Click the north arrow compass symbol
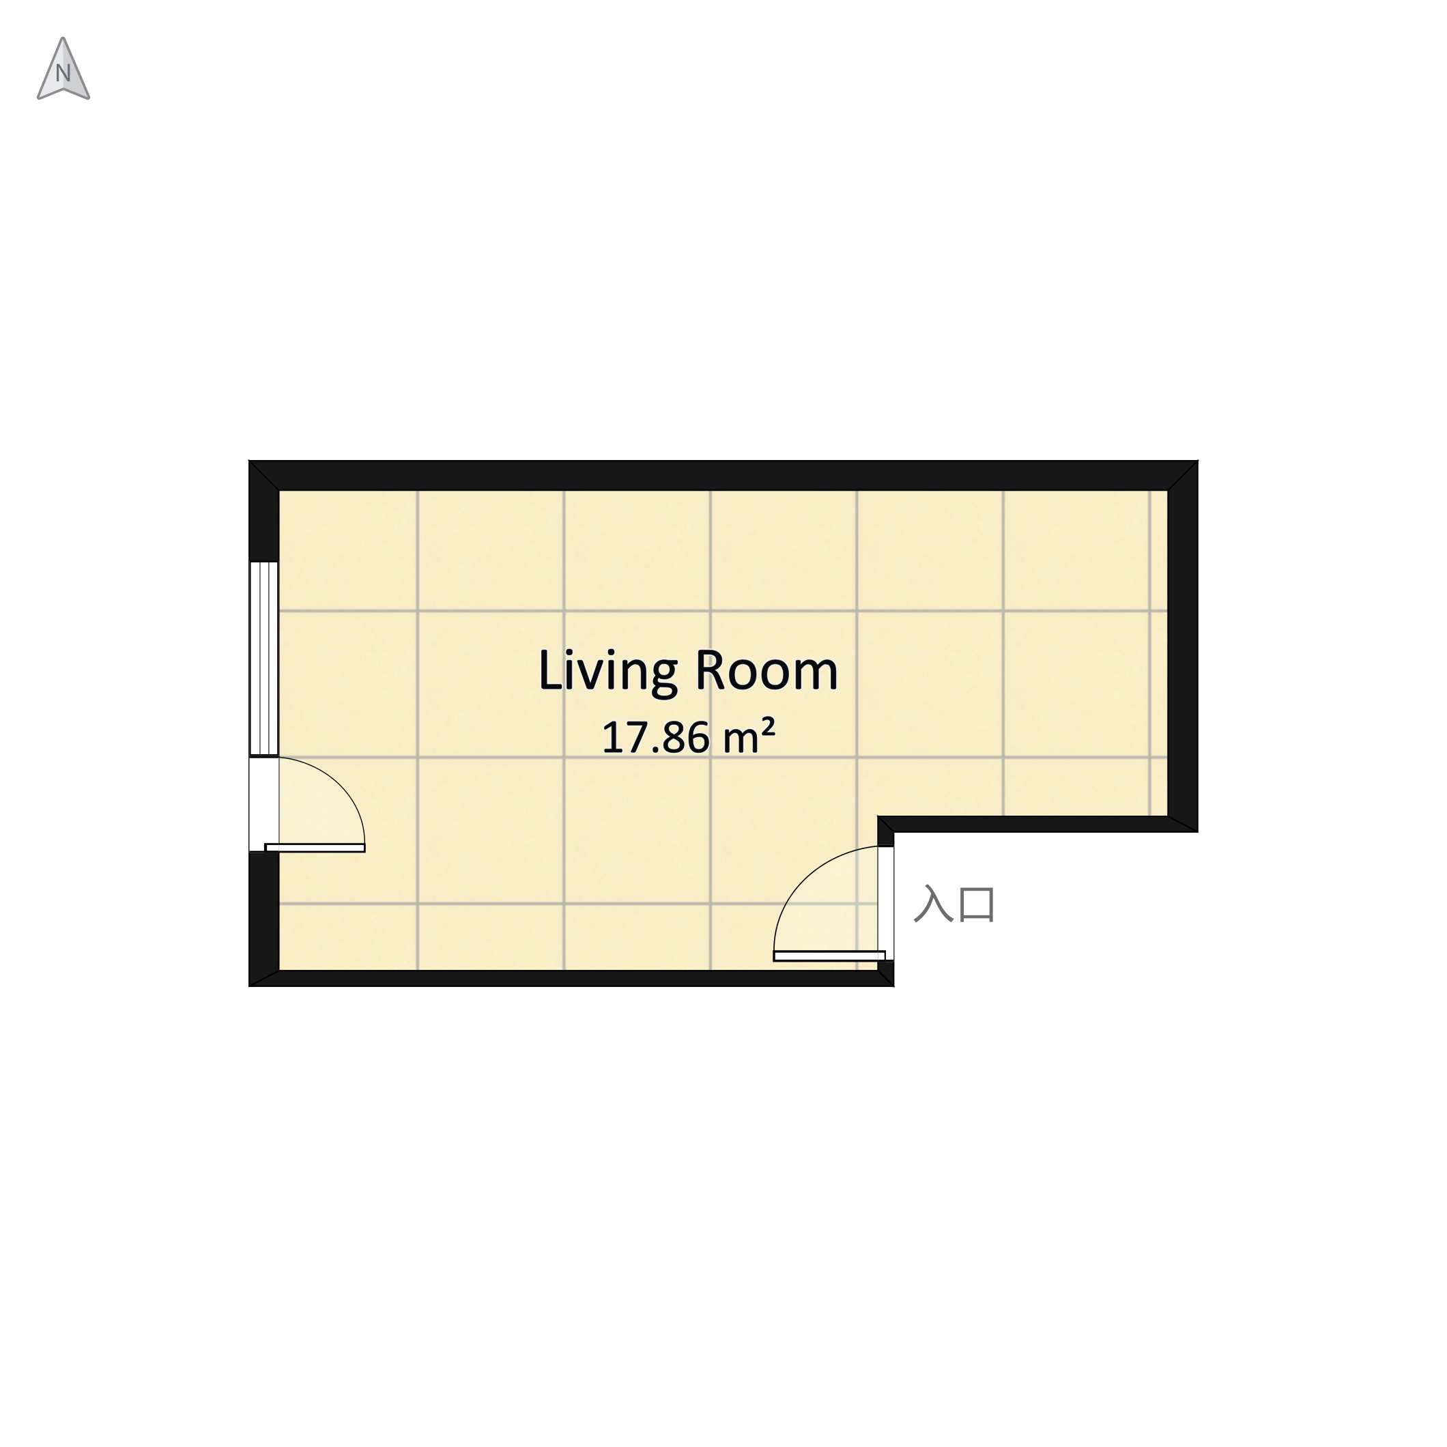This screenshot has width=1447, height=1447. (63, 69)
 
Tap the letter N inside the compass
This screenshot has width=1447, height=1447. (63, 74)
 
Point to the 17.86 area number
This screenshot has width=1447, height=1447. (655, 739)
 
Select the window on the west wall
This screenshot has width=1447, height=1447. (263, 659)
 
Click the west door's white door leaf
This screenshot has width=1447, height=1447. (315, 848)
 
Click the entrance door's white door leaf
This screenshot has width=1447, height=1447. (829, 956)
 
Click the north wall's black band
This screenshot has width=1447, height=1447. (723, 476)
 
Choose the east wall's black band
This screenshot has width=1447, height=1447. (1183, 646)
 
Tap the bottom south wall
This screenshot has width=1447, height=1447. (571, 978)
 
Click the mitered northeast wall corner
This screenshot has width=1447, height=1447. (1183, 476)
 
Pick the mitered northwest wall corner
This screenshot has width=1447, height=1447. (264, 476)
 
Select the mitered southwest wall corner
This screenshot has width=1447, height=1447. (264, 978)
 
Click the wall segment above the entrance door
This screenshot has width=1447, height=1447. (886, 831)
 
